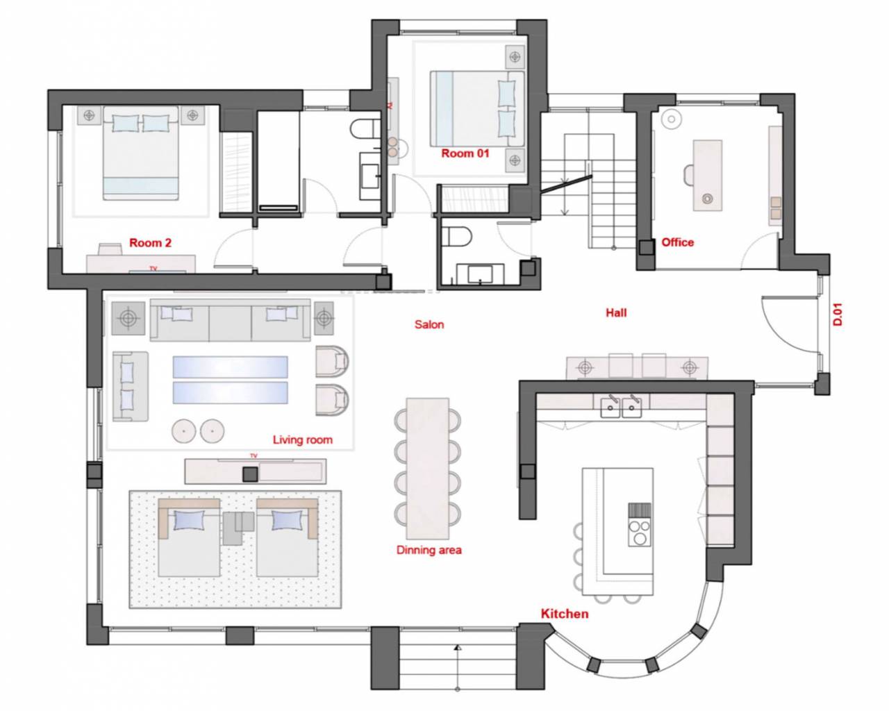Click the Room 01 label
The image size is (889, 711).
[x=465, y=153]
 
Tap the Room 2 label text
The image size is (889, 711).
[x=151, y=242]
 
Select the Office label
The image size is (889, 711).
[x=678, y=242]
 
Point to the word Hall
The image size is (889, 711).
[x=616, y=312]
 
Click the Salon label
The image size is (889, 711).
[x=429, y=324]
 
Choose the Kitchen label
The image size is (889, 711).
[x=565, y=614]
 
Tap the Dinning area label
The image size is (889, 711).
[x=429, y=550]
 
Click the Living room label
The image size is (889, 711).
[x=303, y=440]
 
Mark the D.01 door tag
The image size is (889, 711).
[x=838, y=315]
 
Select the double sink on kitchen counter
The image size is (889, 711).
[x=621, y=406]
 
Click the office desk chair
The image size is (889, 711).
[x=689, y=175]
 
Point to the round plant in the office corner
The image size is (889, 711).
[x=672, y=119]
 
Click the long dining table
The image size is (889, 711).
[x=428, y=469]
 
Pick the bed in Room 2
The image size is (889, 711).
[x=141, y=153]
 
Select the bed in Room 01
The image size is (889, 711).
[x=477, y=108]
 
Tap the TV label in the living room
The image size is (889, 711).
[x=254, y=455]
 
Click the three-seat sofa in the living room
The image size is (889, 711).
[x=230, y=321]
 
